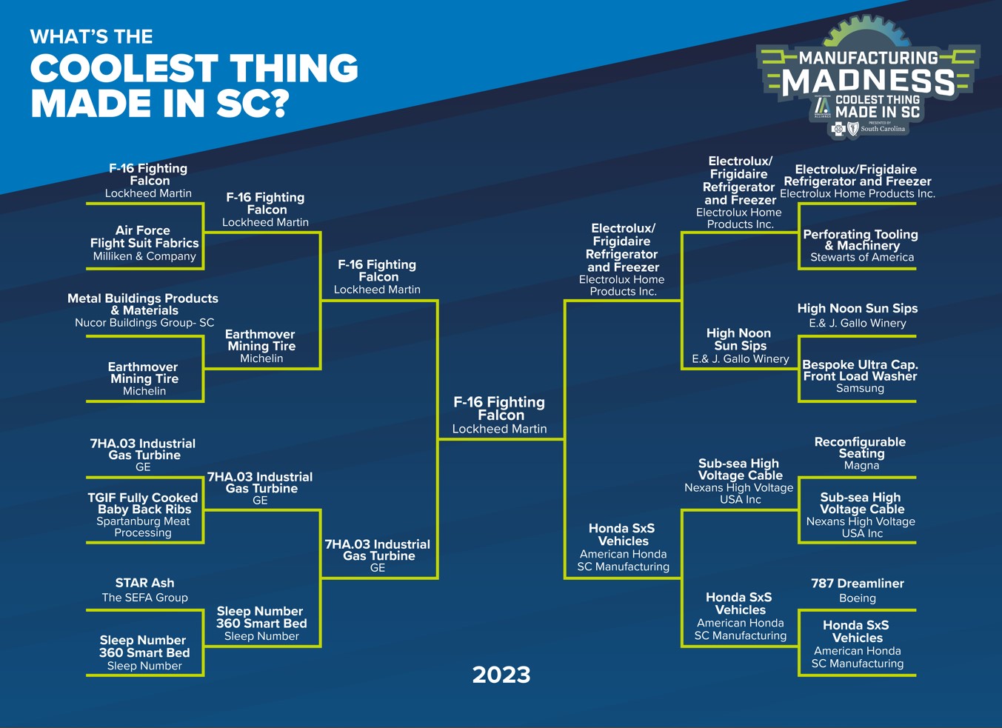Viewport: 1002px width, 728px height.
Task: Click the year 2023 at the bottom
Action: pos(501,675)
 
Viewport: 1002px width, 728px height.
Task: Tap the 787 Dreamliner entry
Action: pos(858,590)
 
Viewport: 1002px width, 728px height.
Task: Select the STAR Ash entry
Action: pos(144,590)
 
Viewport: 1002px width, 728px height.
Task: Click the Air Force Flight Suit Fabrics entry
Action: pos(144,243)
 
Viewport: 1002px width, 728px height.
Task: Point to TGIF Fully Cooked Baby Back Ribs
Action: pos(143,515)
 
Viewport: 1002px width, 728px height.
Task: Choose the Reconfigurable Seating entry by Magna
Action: pos(861,453)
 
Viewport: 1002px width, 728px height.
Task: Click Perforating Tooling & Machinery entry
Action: pos(861,246)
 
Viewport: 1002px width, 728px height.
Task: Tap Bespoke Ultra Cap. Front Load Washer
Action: pos(861,376)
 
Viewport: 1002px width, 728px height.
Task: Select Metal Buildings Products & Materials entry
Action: pos(143,310)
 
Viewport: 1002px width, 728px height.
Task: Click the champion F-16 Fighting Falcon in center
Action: pos(499,415)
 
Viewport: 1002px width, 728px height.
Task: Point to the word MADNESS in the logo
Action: pos(868,81)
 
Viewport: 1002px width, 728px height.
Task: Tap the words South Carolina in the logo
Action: pos(883,129)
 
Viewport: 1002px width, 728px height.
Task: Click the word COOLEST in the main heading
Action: pos(124,68)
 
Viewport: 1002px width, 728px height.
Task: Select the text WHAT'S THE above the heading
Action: pos(92,37)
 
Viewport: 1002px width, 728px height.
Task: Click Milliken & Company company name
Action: pos(144,256)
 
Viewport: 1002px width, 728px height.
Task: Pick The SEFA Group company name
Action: pos(145,598)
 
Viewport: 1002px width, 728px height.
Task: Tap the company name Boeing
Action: pos(858,598)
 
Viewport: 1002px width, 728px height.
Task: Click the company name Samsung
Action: pos(861,388)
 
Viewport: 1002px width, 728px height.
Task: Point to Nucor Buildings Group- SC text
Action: pos(144,323)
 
